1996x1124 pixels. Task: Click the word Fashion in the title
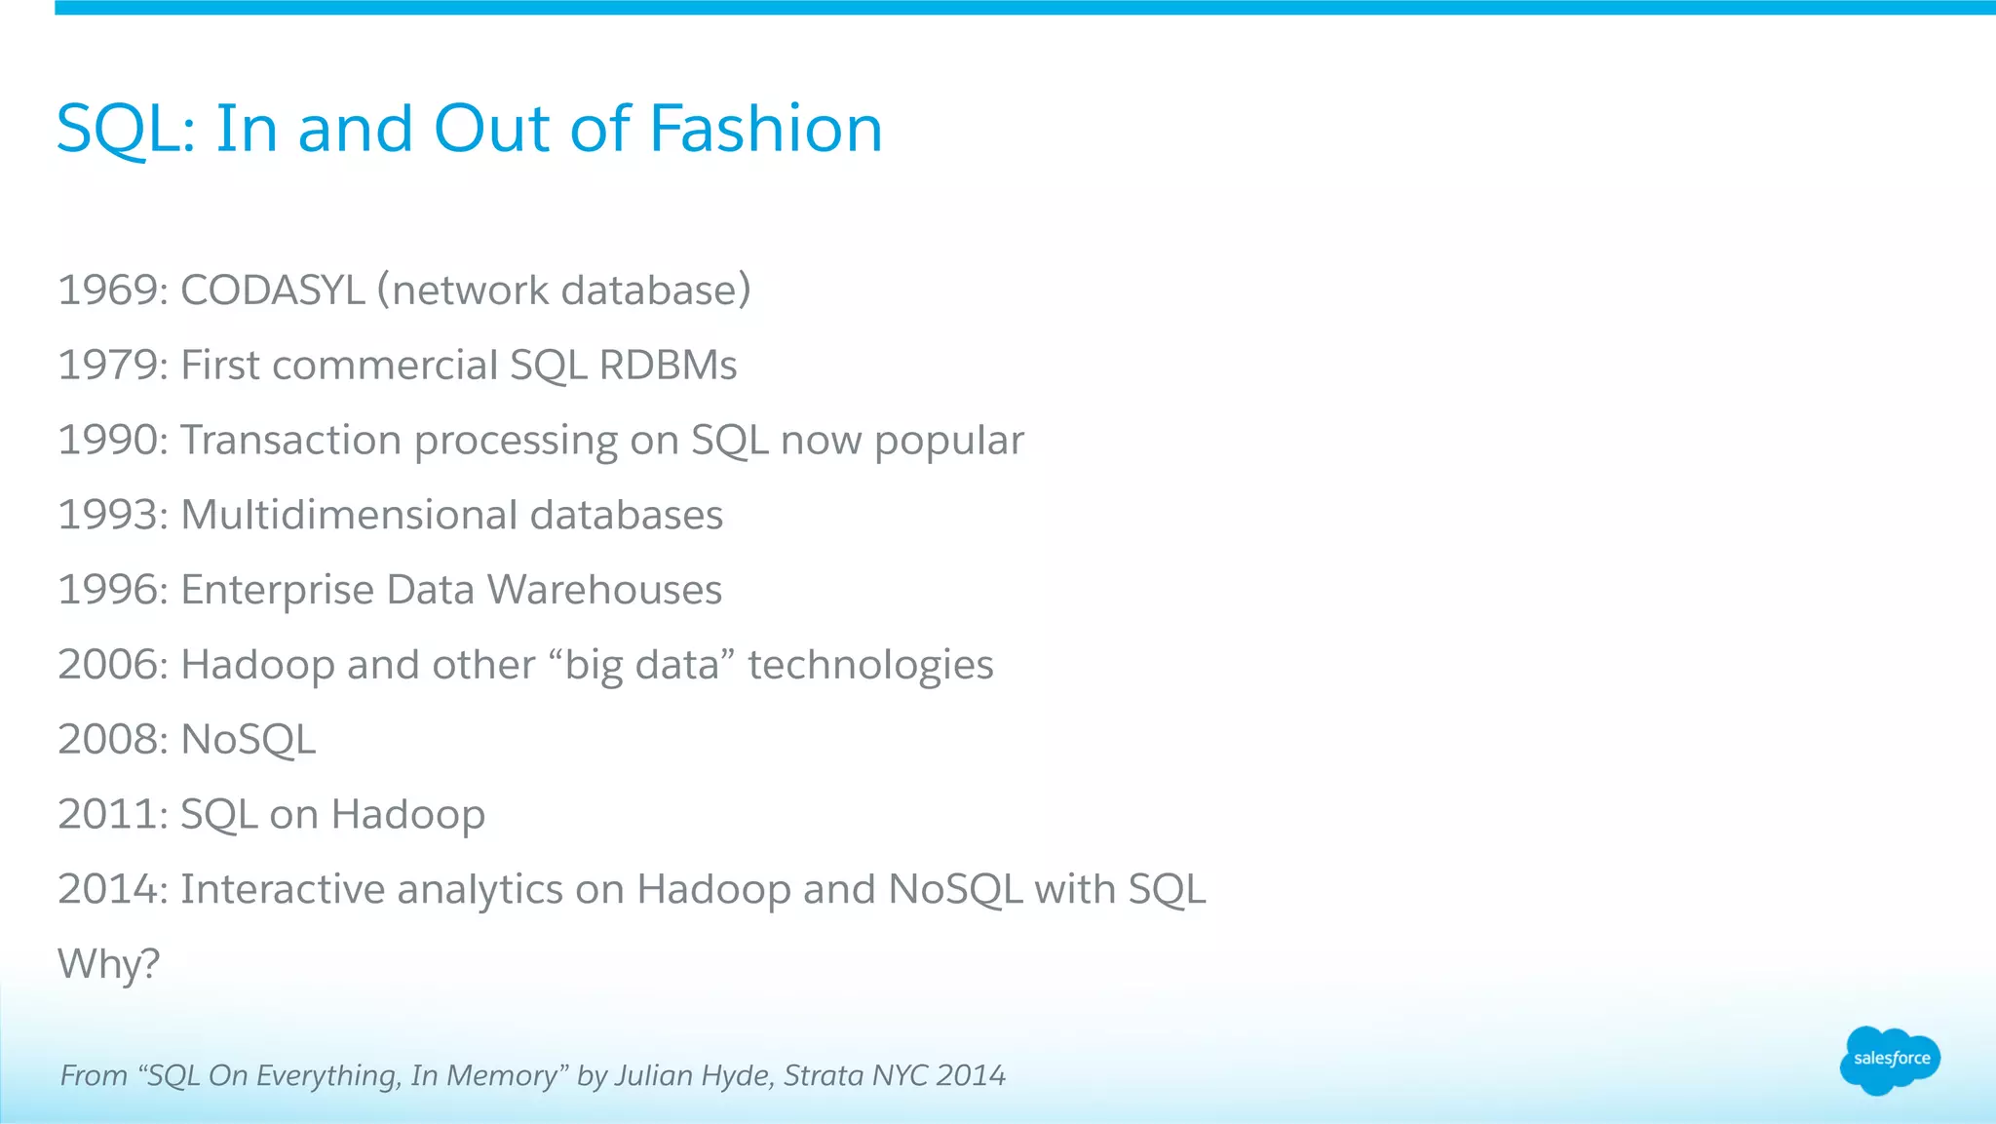pos(765,129)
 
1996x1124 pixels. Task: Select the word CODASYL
pos(272,291)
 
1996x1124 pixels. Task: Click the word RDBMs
pos(668,366)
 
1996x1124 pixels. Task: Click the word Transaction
pos(290,441)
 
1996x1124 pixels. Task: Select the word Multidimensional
pos(348,515)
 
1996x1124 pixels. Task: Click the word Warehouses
pos(604,590)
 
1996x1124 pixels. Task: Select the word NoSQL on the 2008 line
pos(249,740)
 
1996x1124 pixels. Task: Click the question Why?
pos(108,964)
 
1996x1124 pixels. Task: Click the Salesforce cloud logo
pos(1890,1059)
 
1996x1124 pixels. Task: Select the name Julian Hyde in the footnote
pos(691,1075)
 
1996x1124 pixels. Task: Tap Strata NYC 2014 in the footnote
pos(895,1075)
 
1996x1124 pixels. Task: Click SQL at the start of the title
pos(119,129)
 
